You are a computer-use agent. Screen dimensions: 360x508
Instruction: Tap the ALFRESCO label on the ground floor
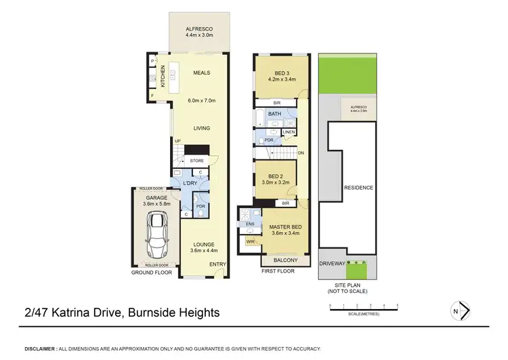pyautogui.click(x=200, y=29)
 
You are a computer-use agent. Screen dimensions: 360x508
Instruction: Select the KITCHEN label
pyautogui.click(x=163, y=76)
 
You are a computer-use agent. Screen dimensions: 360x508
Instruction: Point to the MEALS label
pyautogui.click(x=201, y=73)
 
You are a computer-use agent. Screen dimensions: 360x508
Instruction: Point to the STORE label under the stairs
pyautogui.click(x=197, y=161)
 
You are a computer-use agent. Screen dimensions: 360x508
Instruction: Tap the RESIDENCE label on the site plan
pyautogui.click(x=358, y=187)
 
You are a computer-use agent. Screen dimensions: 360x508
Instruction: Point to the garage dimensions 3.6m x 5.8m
pyautogui.click(x=156, y=203)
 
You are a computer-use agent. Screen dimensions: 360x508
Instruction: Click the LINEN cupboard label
pyautogui.click(x=289, y=132)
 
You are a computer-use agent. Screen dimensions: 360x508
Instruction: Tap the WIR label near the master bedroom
pyautogui.click(x=250, y=241)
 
